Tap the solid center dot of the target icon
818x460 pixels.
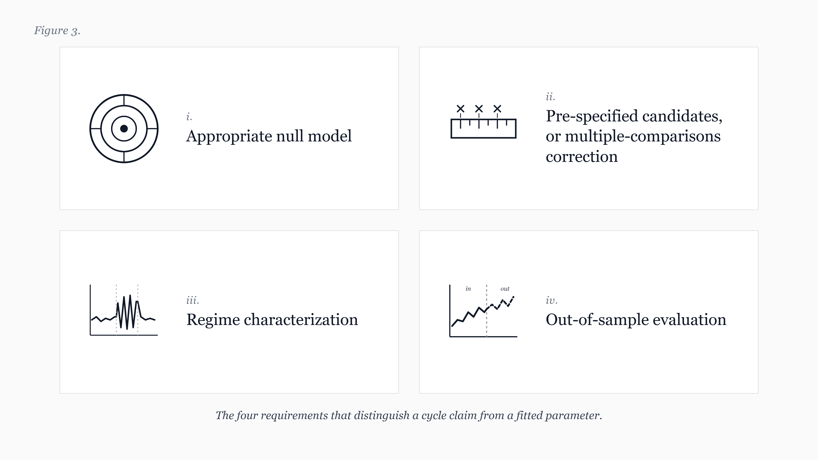click(124, 129)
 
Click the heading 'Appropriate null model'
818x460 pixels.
click(269, 137)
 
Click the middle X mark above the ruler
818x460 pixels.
click(479, 109)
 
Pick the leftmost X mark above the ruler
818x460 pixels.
click(460, 109)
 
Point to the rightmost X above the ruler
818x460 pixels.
click(497, 109)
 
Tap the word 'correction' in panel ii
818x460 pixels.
click(582, 157)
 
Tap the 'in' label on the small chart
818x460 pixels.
click(468, 289)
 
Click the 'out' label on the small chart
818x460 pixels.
click(505, 289)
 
